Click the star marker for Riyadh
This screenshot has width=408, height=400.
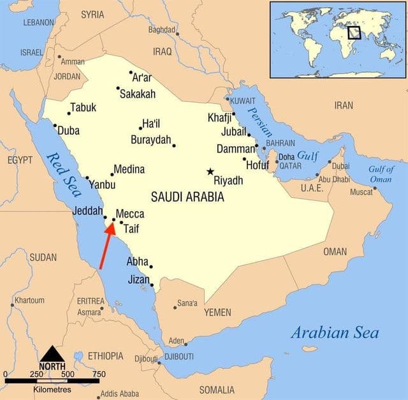click(x=210, y=171)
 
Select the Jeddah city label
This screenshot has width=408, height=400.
click(x=87, y=211)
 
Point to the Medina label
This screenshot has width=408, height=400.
click(x=129, y=170)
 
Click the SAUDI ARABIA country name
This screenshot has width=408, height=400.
click(x=187, y=197)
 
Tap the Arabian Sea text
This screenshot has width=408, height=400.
click(x=335, y=332)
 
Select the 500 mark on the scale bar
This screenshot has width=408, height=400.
click(x=67, y=374)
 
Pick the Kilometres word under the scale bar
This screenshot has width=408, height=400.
click(x=52, y=389)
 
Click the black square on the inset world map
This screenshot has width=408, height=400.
click(x=354, y=32)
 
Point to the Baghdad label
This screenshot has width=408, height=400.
click(x=161, y=29)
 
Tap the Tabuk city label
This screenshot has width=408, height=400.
click(x=83, y=107)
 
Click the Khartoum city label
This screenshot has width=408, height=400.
click(x=30, y=300)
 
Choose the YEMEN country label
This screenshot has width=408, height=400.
click(x=217, y=313)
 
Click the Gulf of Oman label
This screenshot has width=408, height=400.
click(x=381, y=174)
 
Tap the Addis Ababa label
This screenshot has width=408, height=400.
click(x=119, y=393)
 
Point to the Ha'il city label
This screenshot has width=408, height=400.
click(x=151, y=123)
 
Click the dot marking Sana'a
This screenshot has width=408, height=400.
click(x=175, y=307)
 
